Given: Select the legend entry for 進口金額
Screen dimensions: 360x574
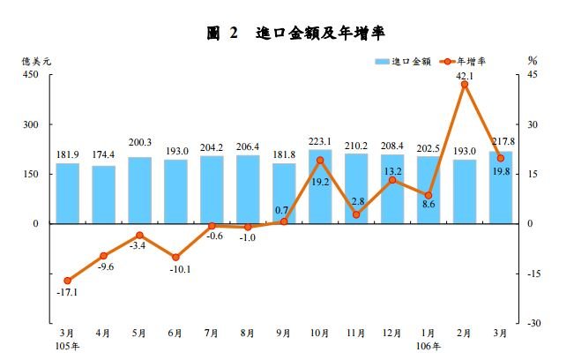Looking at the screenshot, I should pyautogui.click(x=403, y=62).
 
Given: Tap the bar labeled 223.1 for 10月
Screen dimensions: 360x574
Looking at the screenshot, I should pyautogui.click(x=320, y=187).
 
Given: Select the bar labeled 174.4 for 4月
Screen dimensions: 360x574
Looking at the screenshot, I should pyautogui.click(x=103, y=195).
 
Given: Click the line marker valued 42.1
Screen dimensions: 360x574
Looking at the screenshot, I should pyautogui.click(x=465, y=85).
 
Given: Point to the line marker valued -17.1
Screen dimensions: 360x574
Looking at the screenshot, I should pyautogui.click(x=67, y=281).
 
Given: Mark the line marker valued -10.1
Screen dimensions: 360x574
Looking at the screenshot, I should pyautogui.click(x=175, y=257).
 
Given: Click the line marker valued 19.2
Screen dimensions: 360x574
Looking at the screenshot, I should pyautogui.click(x=320, y=161).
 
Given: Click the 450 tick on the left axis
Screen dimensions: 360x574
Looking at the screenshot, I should pyautogui.click(x=32, y=76).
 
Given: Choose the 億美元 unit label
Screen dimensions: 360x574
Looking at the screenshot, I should pyautogui.click(x=37, y=61).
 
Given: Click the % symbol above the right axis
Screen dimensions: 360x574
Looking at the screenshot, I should pyautogui.click(x=533, y=61).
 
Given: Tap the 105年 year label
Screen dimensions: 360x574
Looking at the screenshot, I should pyautogui.click(x=67, y=346).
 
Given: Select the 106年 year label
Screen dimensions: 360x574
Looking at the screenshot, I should pyautogui.click(x=429, y=346).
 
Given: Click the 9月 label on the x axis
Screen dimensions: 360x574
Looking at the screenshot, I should pyautogui.click(x=284, y=334).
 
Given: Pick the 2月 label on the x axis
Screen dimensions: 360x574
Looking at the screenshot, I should pyautogui.click(x=465, y=334).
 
